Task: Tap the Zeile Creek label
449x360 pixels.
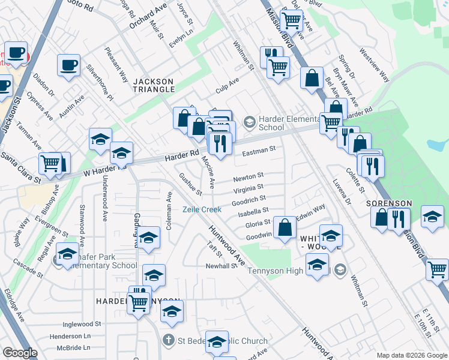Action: pos(202,209)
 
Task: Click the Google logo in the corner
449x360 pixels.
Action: pos(20,353)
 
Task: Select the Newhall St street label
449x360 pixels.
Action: pos(221,266)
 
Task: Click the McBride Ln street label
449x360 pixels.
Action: pos(70,347)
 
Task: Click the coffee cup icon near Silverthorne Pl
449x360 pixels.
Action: pos(69,64)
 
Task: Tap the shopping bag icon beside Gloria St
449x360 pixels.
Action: pos(285,227)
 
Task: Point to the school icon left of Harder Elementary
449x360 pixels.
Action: pos(249,122)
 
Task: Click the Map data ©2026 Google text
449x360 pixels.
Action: pos(411,355)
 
